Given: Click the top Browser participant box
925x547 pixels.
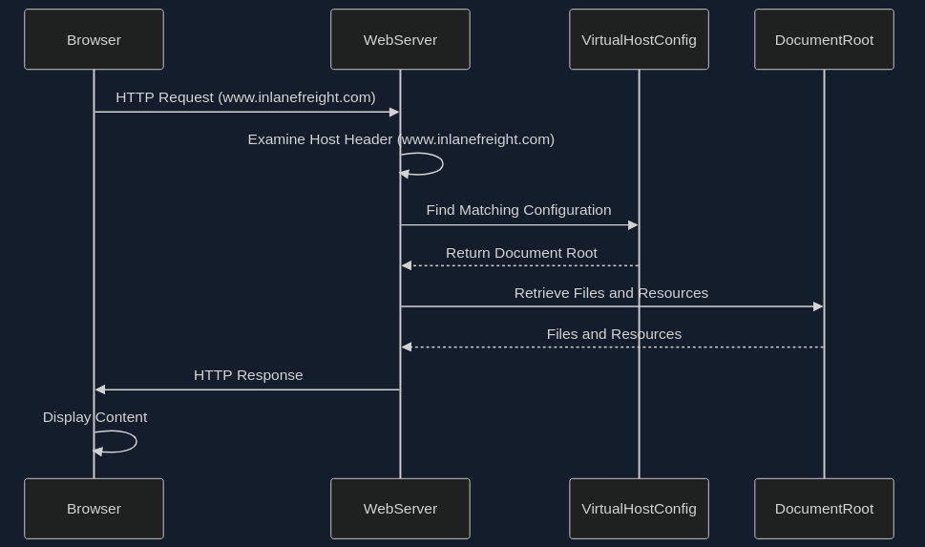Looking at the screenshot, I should pyautogui.click(x=94, y=39).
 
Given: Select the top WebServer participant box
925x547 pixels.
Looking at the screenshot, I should pyautogui.click(x=400, y=39).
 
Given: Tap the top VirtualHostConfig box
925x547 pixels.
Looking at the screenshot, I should pyautogui.click(x=639, y=39).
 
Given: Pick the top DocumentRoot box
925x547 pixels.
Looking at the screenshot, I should pyautogui.click(x=824, y=39).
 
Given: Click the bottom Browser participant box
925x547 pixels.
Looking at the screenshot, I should pyautogui.click(x=94, y=508).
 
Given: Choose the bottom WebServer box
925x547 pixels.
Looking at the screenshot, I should pyautogui.click(x=400, y=508).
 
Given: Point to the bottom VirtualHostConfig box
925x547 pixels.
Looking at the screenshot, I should pyautogui.click(x=639, y=508).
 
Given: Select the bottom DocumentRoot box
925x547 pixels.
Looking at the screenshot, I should pyautogui.click(x=824, y=508).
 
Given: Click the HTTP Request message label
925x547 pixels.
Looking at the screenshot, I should pyautogui.click(x=245, y=97).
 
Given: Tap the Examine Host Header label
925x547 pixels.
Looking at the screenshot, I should pyautogui.click(x=401, y=139).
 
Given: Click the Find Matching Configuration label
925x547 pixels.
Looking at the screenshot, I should pyautogui.click(x=518, y=210).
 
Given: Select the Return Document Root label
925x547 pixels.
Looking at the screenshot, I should pyautogui.click(x=521, y=253).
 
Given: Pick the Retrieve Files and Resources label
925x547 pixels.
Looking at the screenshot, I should pyautogui.click(x=611, y=293).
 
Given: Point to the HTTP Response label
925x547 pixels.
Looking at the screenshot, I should pyautogui.click(x=248, y=375).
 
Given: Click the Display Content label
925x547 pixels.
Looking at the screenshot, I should pyautogui.click(x=95, y=417).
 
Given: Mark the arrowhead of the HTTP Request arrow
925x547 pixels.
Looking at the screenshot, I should pyautogui.click(x=394, y=112).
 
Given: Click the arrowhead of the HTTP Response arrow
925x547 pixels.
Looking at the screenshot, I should pyautogui.click(x=100, y=389).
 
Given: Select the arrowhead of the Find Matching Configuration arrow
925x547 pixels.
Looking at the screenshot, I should pyautogui.click(x=633, y=225).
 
